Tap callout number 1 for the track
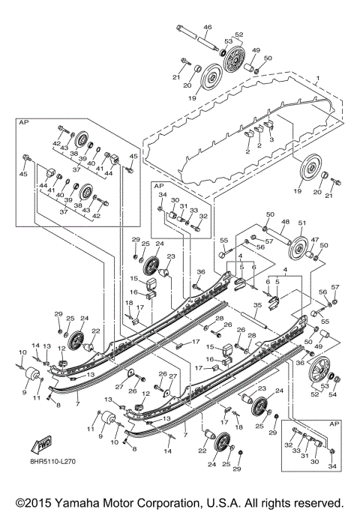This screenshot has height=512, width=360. click(x=317, y=79)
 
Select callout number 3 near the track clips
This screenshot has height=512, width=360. click(x=271, y=139)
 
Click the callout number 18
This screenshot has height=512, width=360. click(x=128, y=304)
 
